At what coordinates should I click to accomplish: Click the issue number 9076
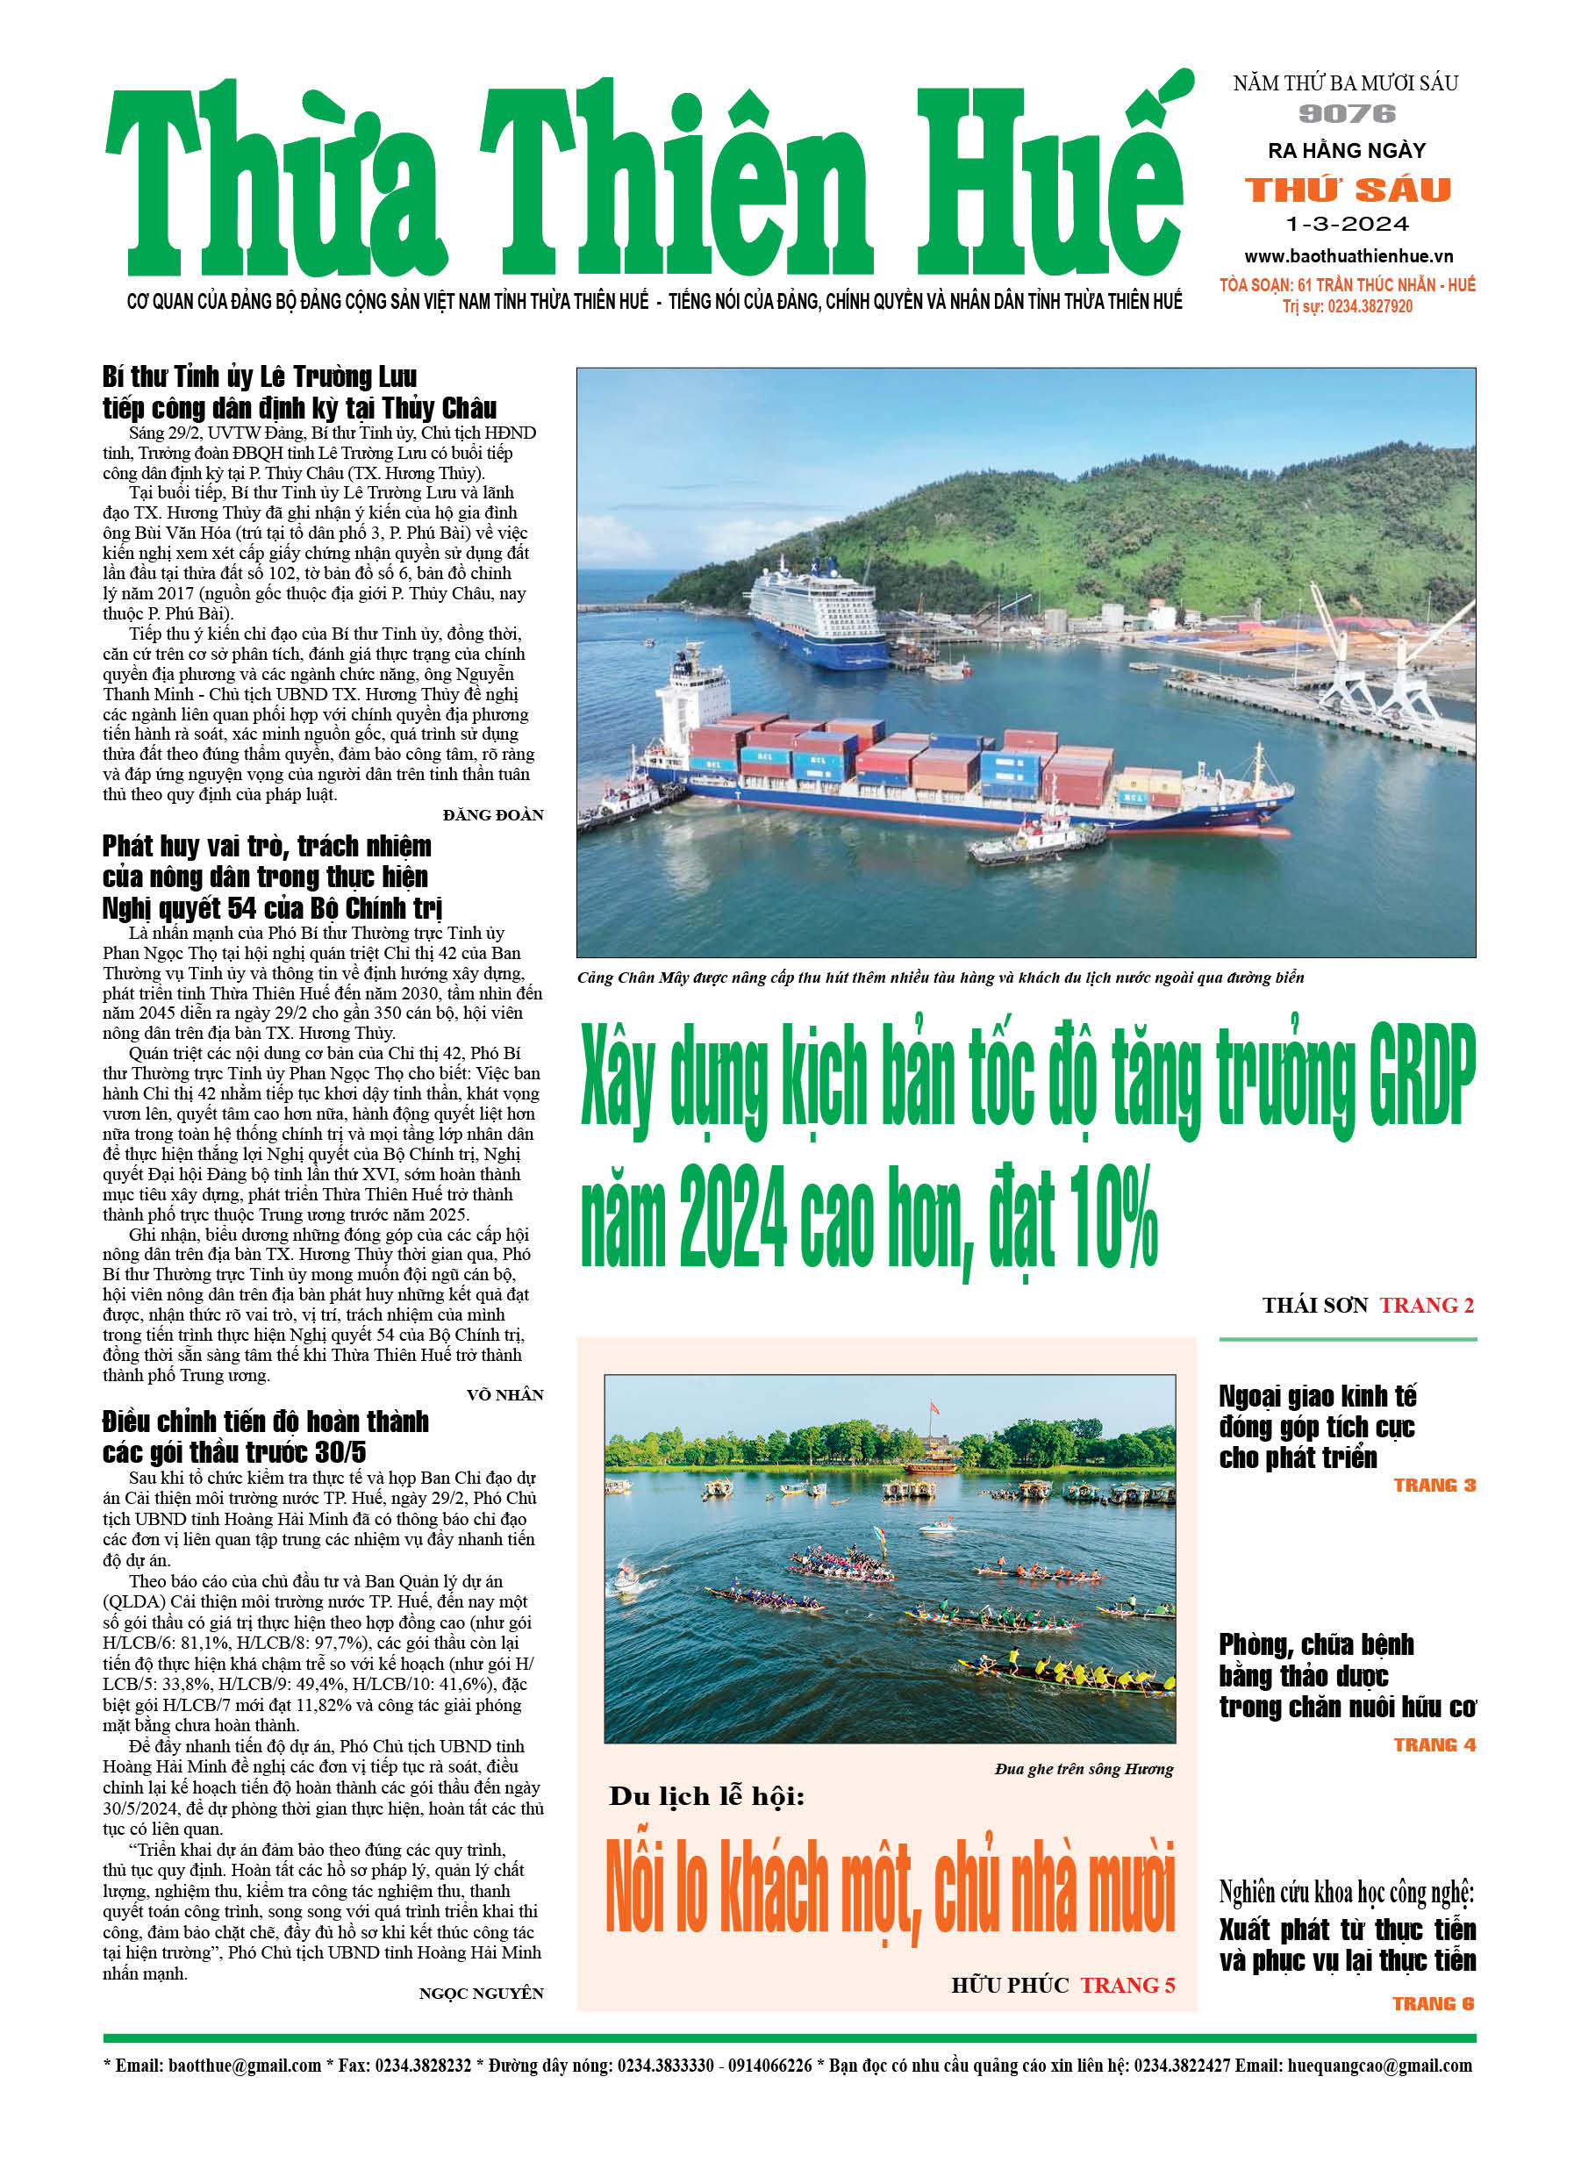pyautogui.click(x=1347, y=114)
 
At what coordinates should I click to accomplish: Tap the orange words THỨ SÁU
pyautogui.click(x=1348, y=190)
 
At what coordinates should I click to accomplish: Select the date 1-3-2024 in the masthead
pyautogui.click(x=1347, y=225)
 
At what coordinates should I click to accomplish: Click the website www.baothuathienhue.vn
pyautogui.click(x=1348, y=256)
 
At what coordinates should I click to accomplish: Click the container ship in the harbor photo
pyautogui.click(x=960, y=773)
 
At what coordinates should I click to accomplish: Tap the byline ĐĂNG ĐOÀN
pyautogui.click(x=492, y=815)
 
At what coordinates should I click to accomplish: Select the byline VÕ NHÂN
pyautogui.click(x=505, y=1394)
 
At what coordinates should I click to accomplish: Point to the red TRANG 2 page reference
pyautogui.click(x=1427, y=1306)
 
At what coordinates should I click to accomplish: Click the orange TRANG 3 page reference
pyautogui.click(x=1434, y=1485)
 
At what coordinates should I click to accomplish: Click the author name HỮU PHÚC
pyautogui.click(x=1010, y=1985)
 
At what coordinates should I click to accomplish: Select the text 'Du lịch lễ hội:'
pyautogui.click(x=706, y=1796)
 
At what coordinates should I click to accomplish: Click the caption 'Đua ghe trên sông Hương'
pyautogui.click(x=1084, y=1769)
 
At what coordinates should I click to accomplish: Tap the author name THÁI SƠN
pyautogui.click(x=1314, y=1306)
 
